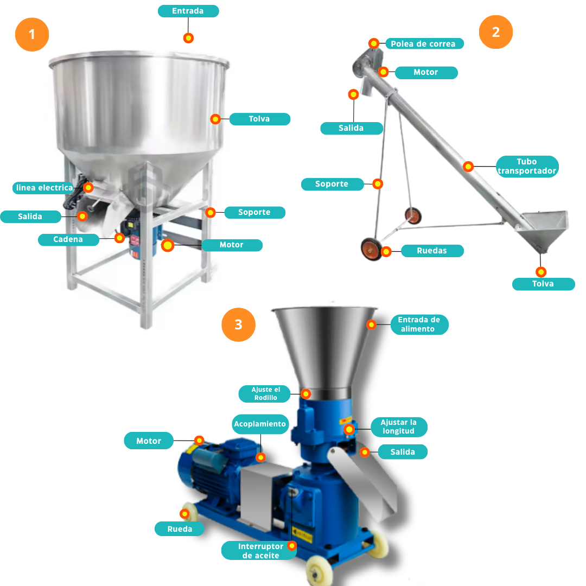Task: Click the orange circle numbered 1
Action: (x=32, y=34)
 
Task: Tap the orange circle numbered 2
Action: (x=495, y=32)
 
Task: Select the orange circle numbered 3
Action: (x=238, y=324)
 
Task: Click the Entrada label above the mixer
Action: (x=188, y=11)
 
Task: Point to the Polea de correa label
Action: (x=424, y=44)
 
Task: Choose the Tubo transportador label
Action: (x=527, y=167)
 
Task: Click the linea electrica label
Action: (x=44, y=188)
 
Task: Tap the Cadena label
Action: (x=68, y=240)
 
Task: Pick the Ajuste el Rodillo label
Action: (x=265, y=393)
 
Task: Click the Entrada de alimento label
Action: (x=419, y=324)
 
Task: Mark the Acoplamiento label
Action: (x=260, y=424)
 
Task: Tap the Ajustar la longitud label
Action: (x=399, y=427)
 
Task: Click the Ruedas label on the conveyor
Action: (x=432, y=251)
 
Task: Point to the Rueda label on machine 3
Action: (x=180, y=529)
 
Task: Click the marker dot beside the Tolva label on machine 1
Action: (x=215, y=119)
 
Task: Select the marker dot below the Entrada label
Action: (x=188, y=38)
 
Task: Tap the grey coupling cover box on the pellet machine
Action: (x=262, y=493)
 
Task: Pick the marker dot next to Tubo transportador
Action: (x=468, y=167)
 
